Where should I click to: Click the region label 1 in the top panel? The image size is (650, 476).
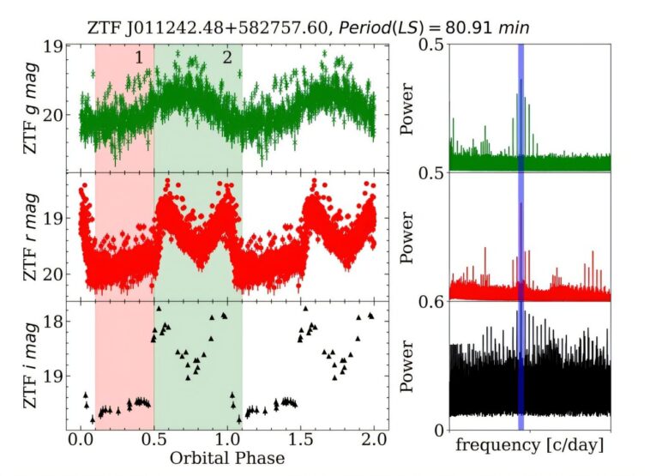click(x=138, y=57)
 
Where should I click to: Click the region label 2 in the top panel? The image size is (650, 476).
click(x=226, y=57)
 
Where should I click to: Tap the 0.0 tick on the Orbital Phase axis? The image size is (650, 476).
click(x=81, y=440)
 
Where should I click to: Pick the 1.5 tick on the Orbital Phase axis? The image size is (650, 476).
click(x=301, y=440)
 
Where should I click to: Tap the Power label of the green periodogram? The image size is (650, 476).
click(x=410, y=108)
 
